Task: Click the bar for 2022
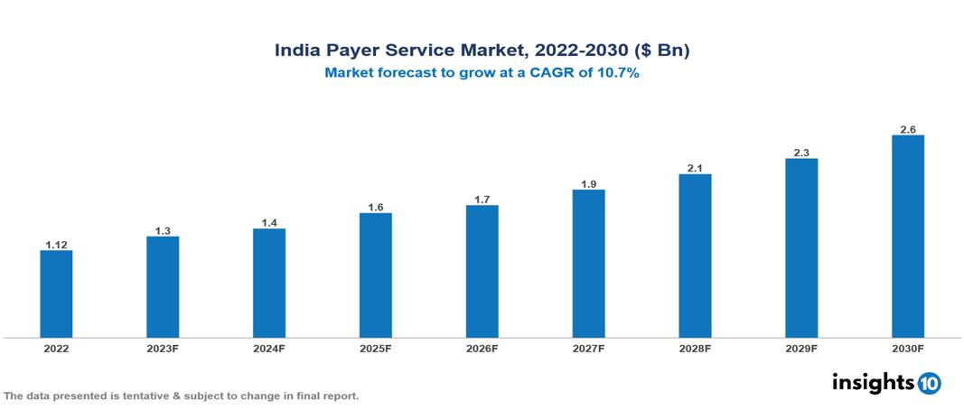56,294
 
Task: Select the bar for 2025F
375,275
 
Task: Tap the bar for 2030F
907,237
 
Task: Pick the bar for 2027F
588,264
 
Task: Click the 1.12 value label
56,244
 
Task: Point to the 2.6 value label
907,129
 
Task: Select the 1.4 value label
269,222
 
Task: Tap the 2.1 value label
695,168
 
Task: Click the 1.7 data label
482,199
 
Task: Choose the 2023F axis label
163,349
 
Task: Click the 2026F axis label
482,349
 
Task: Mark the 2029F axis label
801,349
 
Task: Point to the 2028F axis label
695,349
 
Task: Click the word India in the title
297,51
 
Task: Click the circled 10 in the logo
930,383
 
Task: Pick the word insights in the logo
872,382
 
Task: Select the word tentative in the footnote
136,396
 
